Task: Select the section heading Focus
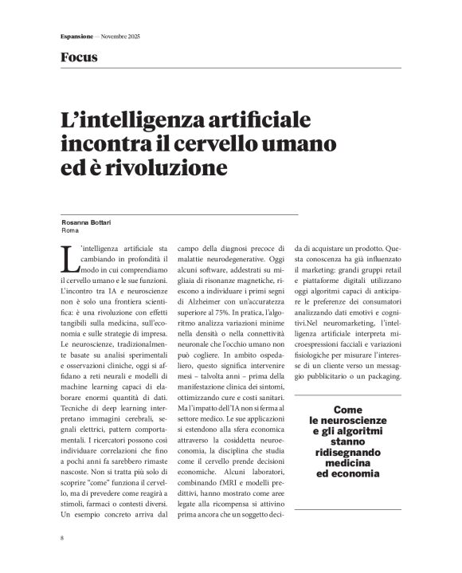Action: [x=79, y=57]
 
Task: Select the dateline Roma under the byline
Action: [x=70, y=230]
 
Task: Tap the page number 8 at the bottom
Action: [x=62, y=540]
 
